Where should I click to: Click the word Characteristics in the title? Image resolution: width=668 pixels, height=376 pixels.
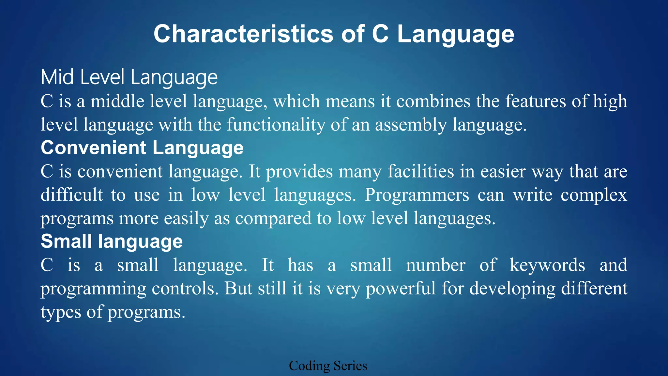tap(243, 34)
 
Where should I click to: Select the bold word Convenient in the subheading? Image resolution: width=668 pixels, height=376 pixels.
tap(93, 148)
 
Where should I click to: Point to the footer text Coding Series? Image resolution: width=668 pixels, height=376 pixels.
tap(328, 366)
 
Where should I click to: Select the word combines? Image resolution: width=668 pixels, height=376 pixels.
tap(433, 101)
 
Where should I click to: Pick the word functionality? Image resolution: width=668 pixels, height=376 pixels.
tap(276, 125)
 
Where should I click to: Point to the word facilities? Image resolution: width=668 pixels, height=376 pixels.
tap(421, 171)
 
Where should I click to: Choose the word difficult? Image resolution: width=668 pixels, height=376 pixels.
tap(72, 195)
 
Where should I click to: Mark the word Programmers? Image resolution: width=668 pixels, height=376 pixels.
tap(417, 195)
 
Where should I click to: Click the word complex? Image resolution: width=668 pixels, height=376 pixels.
tap(594, 195)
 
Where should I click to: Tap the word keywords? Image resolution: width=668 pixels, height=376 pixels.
tap(547, 265)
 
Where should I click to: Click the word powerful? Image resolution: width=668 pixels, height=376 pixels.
tap(401, 289)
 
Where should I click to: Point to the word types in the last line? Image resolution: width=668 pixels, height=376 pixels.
tap(61, 312)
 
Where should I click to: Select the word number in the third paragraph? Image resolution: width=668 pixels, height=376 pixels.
tap(435, 265)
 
